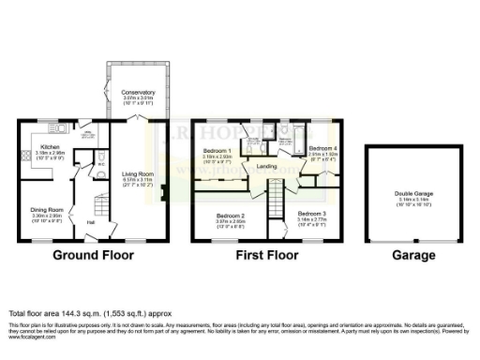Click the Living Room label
pyautogui.click(x=138, y=173)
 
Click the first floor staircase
pyautogui.click(x=276, y=200)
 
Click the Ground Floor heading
pyautogui.click(x=92, y=255)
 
